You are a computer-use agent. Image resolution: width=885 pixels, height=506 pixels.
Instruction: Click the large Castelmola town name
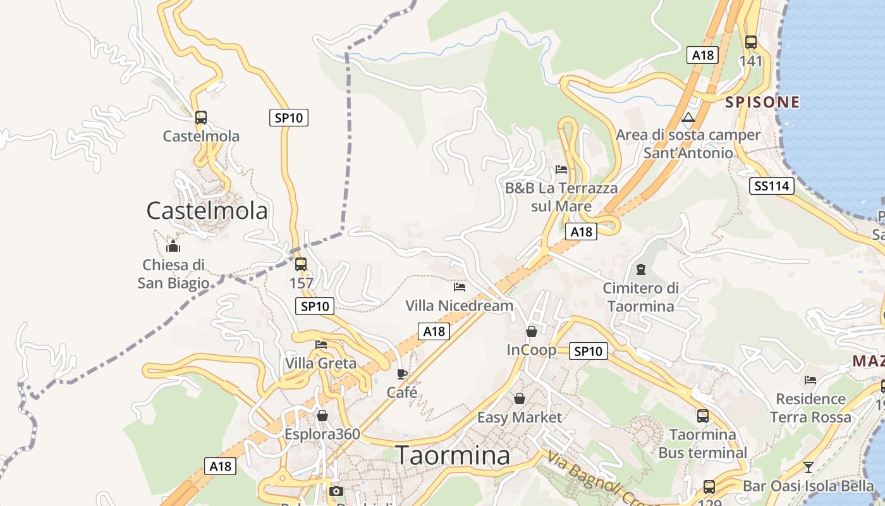click(x=207, y=211)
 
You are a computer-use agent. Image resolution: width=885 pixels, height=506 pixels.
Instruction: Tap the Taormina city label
click(x=453, y=455)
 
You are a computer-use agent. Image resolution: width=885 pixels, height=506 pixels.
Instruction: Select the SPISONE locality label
click(x=762, y=102)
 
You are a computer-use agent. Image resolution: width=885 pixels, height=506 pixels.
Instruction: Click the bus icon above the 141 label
click(x=750, y=42)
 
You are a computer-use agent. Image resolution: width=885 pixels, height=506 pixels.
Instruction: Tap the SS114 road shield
click(x=771, y=186)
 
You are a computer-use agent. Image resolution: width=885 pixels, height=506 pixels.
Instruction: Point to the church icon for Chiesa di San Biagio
click(x=173, y=246)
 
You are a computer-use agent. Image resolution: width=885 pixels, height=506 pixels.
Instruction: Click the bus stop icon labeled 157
click(x=301, y=264)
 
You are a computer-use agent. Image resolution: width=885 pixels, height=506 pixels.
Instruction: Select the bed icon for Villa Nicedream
click(x=460, y=287)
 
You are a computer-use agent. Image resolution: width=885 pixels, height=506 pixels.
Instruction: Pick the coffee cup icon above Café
click(x=402, y=374)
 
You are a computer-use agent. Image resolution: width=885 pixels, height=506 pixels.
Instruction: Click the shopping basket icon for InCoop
click(x=531, y=331)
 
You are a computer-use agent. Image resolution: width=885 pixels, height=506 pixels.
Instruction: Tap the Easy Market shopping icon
click(x=519, y=398)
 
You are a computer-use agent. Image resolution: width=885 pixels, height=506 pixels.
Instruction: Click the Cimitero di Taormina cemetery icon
click(x=641, y=269)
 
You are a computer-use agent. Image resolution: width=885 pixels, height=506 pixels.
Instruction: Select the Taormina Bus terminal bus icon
click(x=702, y=416)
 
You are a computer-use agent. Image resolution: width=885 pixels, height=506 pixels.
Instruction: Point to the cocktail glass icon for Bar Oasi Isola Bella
click(x=808, y=467)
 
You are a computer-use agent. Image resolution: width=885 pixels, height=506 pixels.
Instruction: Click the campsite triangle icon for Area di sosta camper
click(x=688, y=117)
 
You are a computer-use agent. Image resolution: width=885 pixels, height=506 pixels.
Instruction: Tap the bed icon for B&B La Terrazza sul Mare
click(x=561, y=170)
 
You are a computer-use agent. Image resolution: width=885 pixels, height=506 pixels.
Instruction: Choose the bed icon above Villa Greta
click(x=321, y=344)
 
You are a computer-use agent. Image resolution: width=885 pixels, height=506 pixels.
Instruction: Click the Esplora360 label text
click(x=322, y=434)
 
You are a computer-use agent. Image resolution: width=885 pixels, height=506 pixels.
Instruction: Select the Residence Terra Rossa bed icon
click(x=810, y=380)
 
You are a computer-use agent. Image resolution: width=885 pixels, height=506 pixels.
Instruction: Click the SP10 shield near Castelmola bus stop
click(x=289, y=118)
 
